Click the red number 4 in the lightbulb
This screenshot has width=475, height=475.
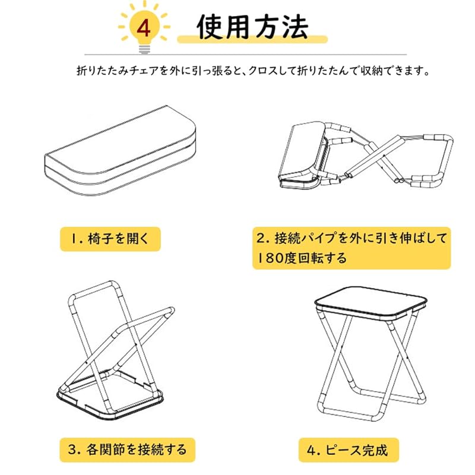(144, 28)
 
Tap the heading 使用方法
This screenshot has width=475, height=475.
(252, 27)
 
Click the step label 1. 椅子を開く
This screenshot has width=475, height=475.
(110, 239)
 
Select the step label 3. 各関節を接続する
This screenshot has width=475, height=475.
(127, 449)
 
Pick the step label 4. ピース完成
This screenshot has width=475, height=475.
(348, 450)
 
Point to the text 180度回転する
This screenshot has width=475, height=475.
(302, 258)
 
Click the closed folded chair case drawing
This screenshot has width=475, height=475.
(121, 151)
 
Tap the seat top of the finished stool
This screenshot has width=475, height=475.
(370, 303)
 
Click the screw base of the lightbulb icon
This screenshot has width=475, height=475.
(144, 49)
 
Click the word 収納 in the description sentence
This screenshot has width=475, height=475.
(372, 71)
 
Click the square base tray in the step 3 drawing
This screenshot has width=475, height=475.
(110, 394)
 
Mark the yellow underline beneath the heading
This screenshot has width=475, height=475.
(252, 39)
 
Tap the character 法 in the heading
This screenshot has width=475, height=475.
(295, 27)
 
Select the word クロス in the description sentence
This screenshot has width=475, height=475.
(262, 71)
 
